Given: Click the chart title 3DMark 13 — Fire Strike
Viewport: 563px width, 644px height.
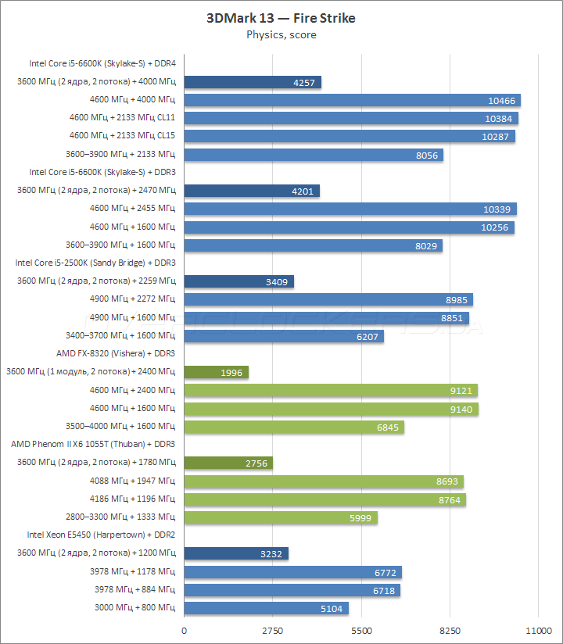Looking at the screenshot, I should click(x=281, y=18).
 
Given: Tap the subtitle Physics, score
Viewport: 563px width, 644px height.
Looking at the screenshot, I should click(x=281, y=34).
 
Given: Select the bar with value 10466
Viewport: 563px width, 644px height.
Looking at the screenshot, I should click(x=352, y=100).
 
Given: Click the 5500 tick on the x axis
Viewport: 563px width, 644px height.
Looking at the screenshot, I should click(x=361, y=630).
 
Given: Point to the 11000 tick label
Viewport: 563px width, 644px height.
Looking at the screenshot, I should click(x=538, y=630).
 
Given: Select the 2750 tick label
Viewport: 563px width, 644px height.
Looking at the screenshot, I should click(x=272, y=630).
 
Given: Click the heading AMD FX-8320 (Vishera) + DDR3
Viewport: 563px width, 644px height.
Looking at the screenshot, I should click(x=117, y=353).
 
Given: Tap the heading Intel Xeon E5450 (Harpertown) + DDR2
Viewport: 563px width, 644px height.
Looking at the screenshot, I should click(x=102, y=535).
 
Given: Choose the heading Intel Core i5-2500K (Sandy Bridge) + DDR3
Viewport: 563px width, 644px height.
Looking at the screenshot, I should click(x=95, y=263).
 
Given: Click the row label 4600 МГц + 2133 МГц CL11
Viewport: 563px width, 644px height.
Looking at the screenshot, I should click(x=123, y=118).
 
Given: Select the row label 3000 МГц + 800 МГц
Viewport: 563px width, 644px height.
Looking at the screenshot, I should click(x=134, y=608).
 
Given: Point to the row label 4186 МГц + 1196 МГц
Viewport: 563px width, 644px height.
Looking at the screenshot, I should click(x=131, y=499).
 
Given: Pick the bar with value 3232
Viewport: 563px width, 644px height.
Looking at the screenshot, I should click(x=235, y=553).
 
